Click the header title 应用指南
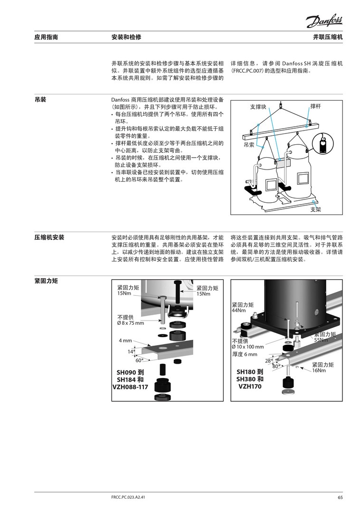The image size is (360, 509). [x=46, y=37]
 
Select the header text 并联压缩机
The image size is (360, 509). [x=328, y=37]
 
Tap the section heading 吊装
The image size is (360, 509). [x=40, y=100]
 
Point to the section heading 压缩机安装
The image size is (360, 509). [x=49, y=237]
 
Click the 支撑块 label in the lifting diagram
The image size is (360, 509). [x=258, y=107]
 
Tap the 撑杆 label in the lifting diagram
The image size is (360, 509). [x=316, y=106]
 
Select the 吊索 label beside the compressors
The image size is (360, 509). [x=249, y=143]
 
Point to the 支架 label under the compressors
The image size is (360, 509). [x=316, y=209]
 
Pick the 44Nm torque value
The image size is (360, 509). [x=238, y=311]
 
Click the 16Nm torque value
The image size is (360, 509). [x=319, y=370]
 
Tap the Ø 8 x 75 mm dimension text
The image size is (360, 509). [x=130, y=323]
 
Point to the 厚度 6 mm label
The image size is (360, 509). [x=245, y=354]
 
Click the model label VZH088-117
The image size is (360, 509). [x=130, y=387]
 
